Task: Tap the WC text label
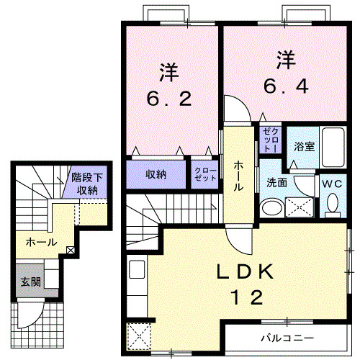tap(333, 184)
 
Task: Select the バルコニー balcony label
tap(287, 338)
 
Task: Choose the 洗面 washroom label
tap(276, 183)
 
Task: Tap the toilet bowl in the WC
tap(333, 207)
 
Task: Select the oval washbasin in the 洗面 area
tap(271, 208)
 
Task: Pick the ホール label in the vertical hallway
tap(238, 175)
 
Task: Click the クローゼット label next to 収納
tap(204, 175)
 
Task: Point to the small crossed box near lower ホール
tap(70, 251)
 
